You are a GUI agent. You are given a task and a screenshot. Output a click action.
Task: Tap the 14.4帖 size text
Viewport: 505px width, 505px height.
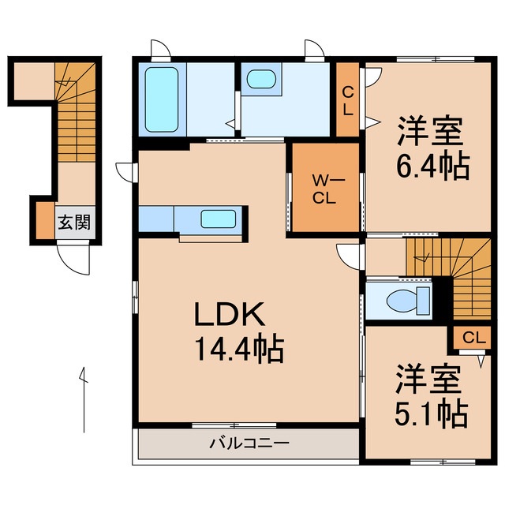tap(234, 348)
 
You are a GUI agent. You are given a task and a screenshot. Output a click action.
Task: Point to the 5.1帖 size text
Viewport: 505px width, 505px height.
tap(428, 412)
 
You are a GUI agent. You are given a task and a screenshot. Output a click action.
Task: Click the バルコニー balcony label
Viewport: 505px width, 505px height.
tap(249, 443)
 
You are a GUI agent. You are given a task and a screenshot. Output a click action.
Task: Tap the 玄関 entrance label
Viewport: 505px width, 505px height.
tap(73, 222)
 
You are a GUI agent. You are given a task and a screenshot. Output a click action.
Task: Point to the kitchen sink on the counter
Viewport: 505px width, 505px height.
tap(217, 219)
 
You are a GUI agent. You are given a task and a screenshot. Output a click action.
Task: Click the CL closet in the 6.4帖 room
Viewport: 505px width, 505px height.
tap(347, 99)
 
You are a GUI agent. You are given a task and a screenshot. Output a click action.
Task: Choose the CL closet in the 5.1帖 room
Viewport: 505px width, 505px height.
tap(472, 338)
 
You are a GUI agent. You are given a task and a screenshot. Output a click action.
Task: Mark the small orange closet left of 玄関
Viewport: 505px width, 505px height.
tap(43, 222)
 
